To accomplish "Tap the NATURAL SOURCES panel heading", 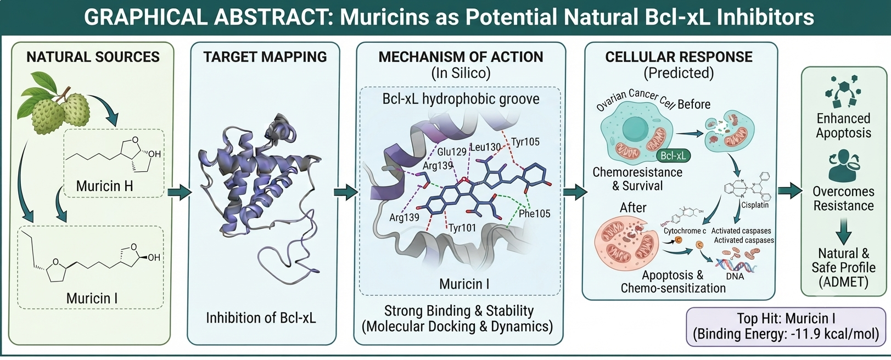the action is (x=93, y=57).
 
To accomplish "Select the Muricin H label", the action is (x=104, y=186).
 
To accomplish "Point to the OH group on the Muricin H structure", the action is (x=154, y=154).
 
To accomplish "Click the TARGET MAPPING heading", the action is (x=265, y=57).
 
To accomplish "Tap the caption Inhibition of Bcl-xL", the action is (x=261, y=318).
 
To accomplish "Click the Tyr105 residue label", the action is (x=525, y=142).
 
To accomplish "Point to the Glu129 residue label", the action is (x=452, y=152).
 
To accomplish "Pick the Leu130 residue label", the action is (x=485, y=147).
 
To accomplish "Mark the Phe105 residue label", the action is (x=535, y=213).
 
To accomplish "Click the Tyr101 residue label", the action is (x=462, y=228).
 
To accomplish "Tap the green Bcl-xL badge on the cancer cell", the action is (x=673, y=155).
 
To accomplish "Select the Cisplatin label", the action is (x=755, y=205).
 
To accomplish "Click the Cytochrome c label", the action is (x=685, y=230).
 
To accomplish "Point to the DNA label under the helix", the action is (x=735, y=275).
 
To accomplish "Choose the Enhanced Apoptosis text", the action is (x=843, y=125).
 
